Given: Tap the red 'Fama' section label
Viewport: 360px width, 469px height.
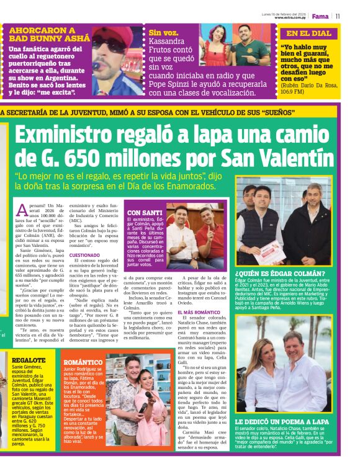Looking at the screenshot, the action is pos(320,16).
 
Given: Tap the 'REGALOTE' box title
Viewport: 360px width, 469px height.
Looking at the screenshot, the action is pos(28,360).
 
